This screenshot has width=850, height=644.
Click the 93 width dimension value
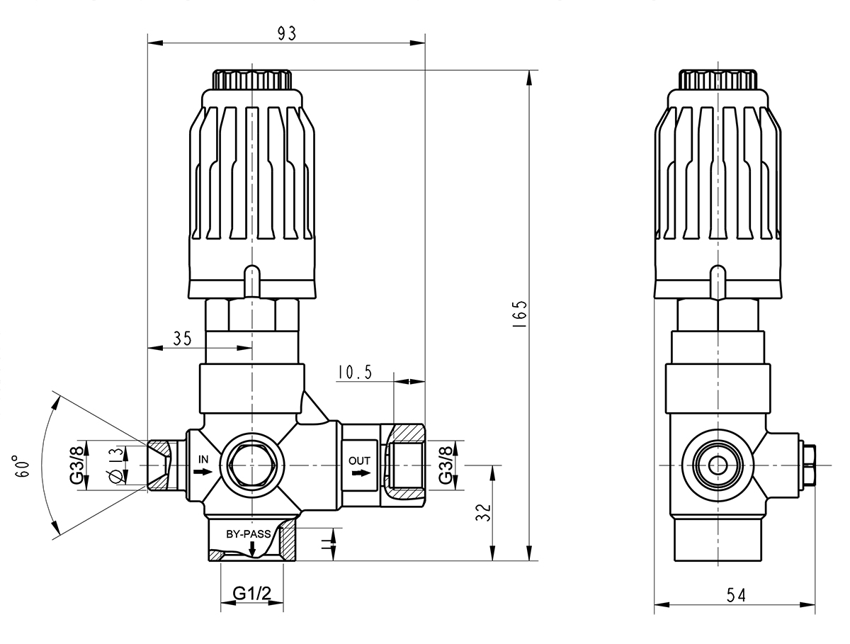tap(286, 33)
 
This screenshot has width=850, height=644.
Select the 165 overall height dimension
tap(521, 312)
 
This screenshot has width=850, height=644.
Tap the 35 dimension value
tap(182, 338)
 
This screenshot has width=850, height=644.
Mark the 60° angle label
tap(24, 467)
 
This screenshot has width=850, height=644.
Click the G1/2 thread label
tap(252, 594)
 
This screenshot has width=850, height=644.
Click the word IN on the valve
tap(203, 459)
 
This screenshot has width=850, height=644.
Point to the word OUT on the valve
tap(359, 461)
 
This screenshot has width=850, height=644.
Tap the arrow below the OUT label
tap(361, 473)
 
